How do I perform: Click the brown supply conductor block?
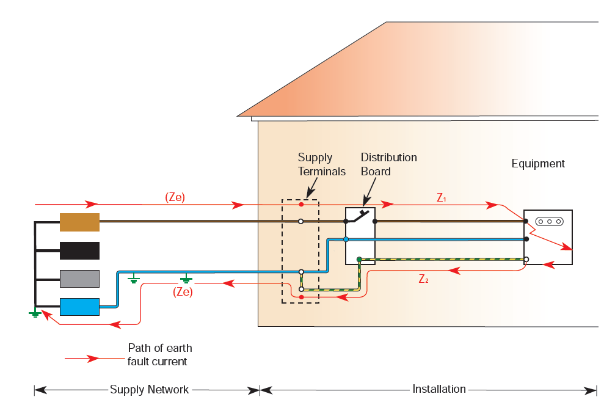79,222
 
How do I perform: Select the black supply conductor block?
79,250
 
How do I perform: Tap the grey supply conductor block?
79,279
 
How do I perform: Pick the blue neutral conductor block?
79,307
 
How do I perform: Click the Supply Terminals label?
321,164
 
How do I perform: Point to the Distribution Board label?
388,164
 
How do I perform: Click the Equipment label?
538,164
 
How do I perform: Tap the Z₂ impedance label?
424,279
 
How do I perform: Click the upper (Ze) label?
175,197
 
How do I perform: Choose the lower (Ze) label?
183,292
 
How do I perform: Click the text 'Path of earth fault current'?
159,355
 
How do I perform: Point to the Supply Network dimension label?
149,390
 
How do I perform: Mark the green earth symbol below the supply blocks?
35,314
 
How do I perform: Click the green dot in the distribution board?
359,260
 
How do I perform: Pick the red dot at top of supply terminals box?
300,204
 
